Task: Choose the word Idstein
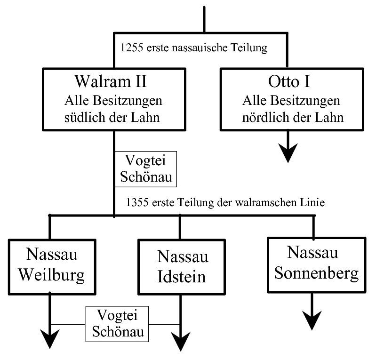coord(181,276)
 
